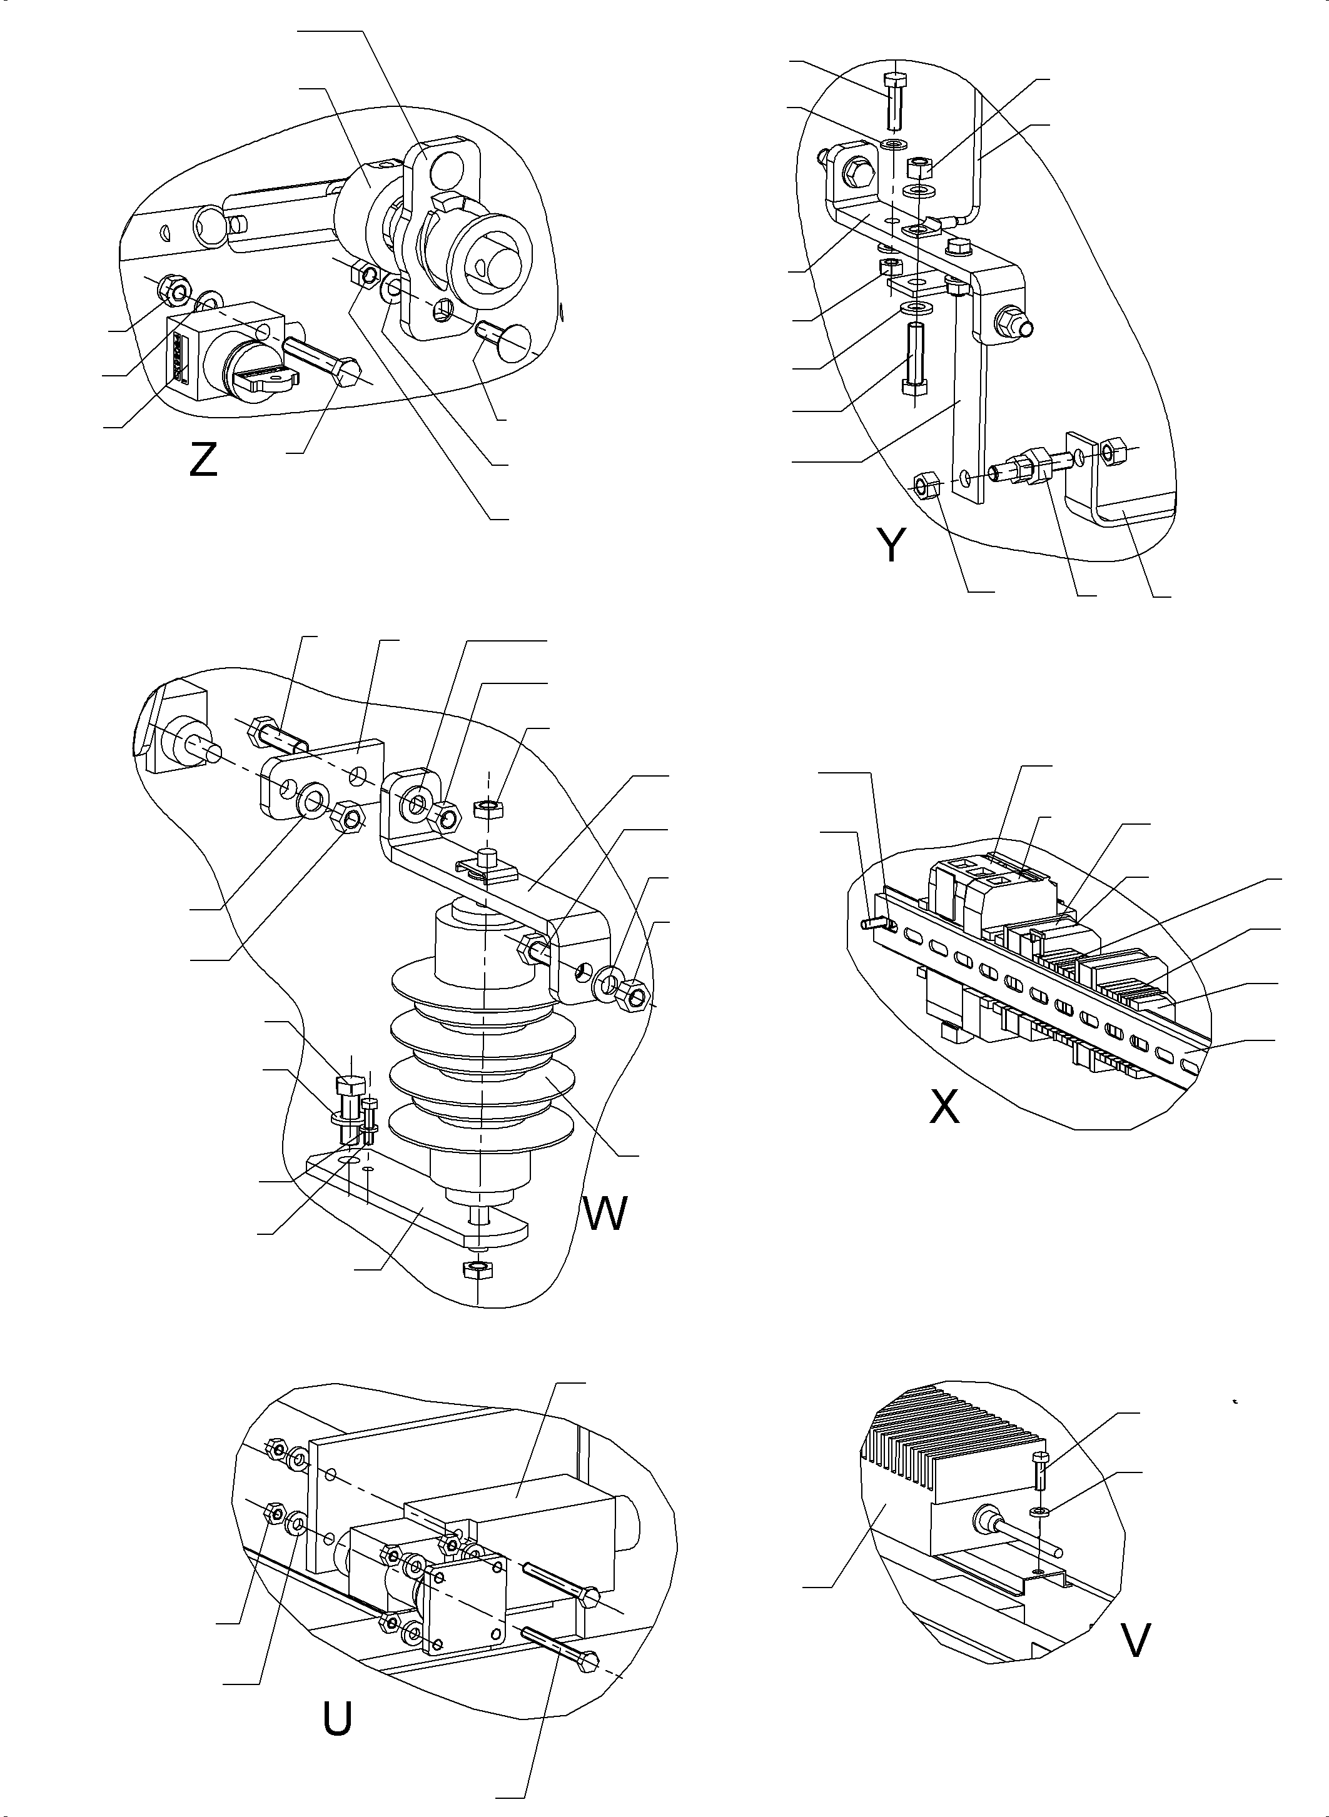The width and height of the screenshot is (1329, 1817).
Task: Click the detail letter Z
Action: [203, 461]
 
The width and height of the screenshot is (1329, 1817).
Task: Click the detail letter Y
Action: [891, 546]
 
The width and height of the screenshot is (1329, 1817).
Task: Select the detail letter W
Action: [604, 1214]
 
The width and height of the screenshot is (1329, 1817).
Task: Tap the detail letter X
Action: [944, 1107]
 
